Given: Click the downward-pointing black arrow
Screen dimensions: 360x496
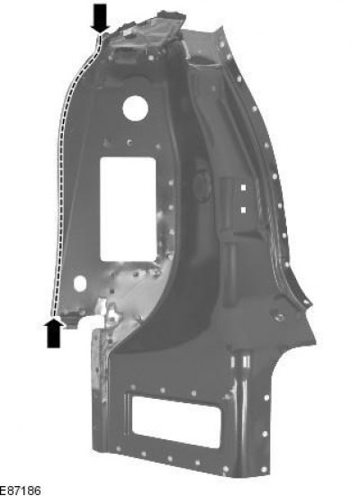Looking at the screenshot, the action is [100, 18].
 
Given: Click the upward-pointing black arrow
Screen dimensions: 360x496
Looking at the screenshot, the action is [53, 333].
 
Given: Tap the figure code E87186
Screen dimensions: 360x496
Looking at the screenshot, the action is [20, 491].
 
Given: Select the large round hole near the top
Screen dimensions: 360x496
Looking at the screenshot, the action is [135, 108].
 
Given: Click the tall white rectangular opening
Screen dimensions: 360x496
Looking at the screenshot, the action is [128, 209].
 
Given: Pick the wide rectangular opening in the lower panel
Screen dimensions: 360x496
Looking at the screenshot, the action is [175, 421].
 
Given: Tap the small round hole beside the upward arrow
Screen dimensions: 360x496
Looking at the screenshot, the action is [80, 284].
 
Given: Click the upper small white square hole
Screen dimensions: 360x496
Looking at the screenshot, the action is [243, 188].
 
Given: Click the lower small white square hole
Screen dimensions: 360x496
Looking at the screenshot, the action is [243, 210].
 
